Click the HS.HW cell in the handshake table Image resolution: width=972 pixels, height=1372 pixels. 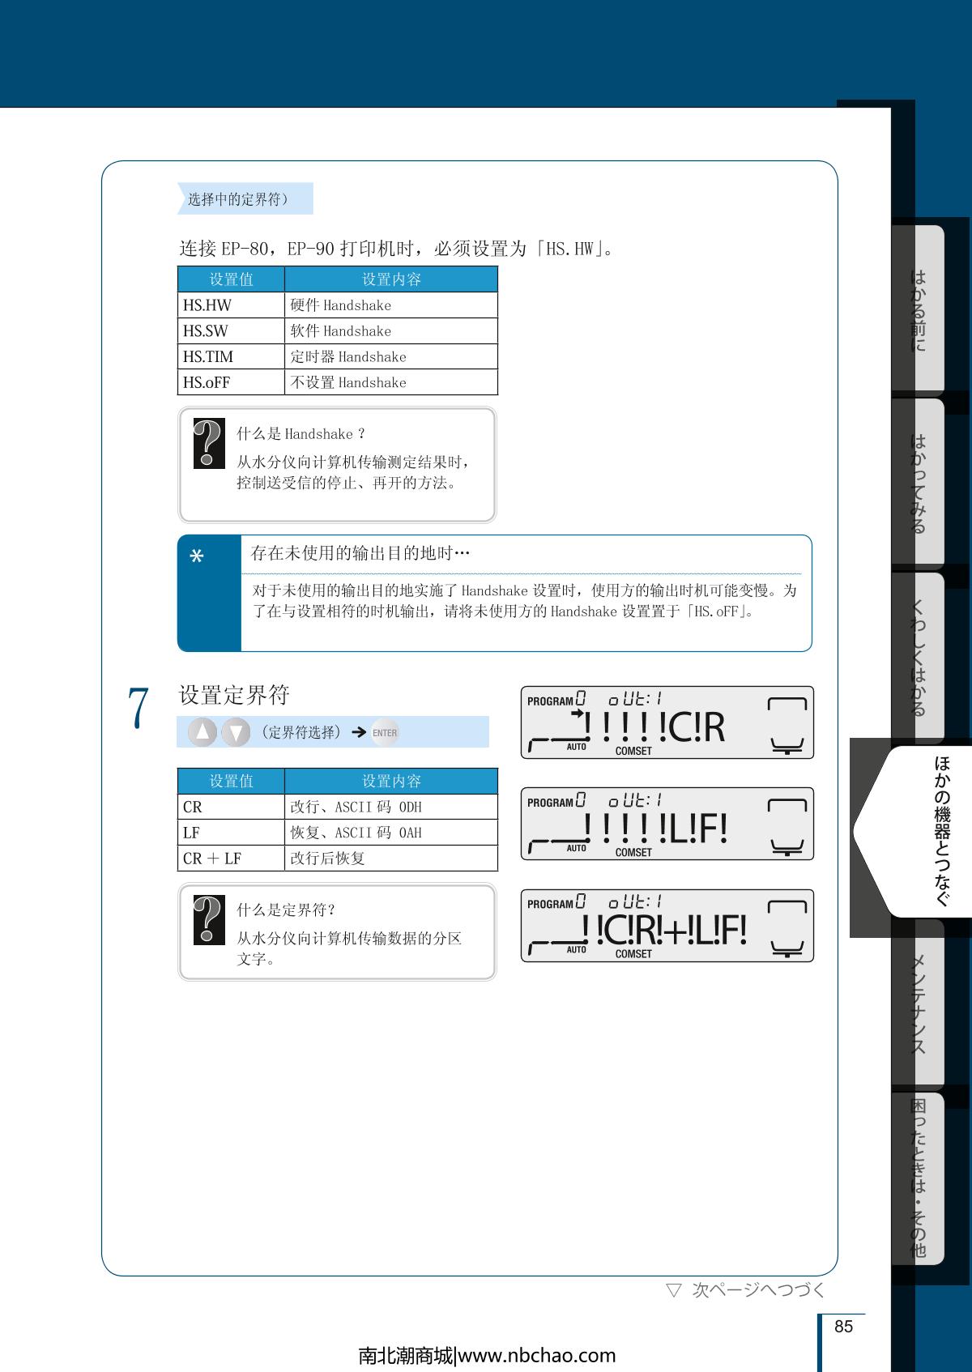point(231,305)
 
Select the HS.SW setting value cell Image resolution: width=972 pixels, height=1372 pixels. point(231,330)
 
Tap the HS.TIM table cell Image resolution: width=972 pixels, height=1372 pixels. point(231,356)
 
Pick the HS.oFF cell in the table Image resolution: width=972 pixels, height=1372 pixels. point(231,382)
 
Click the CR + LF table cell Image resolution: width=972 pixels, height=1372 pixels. point(231,859)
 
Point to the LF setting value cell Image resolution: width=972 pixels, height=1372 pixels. point(231,833)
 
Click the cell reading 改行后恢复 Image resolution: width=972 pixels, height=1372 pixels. point(391,859)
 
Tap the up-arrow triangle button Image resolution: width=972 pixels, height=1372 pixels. point(202,732)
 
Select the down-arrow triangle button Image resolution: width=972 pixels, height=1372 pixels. point(236,732)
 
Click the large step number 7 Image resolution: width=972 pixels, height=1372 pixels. point(138,707)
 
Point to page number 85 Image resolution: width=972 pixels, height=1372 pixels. point(843,1326)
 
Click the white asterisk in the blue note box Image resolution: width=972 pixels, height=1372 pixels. point(197,556)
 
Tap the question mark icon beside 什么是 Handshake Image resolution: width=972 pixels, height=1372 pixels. point(209,444)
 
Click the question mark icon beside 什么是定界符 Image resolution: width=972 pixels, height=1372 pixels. point(209,920)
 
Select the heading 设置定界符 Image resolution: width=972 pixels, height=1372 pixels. point(234,695)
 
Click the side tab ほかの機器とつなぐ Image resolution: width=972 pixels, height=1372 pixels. point(941,831)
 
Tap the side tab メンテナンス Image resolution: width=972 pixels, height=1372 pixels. point(918,1004)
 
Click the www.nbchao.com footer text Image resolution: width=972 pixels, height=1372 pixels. point(537,1356)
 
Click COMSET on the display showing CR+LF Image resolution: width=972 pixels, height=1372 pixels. point(633,953)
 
